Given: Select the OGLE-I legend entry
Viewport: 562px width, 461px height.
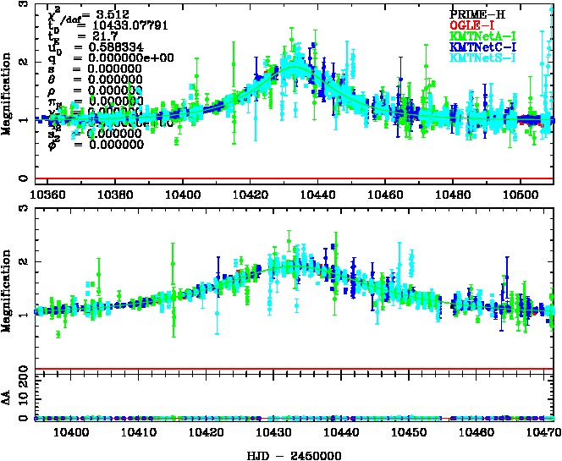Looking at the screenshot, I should (x=475, y=25).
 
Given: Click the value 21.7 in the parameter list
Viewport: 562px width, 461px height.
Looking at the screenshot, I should (x=91, y=36).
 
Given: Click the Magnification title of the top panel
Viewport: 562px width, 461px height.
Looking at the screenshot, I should (x=8, y=92).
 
